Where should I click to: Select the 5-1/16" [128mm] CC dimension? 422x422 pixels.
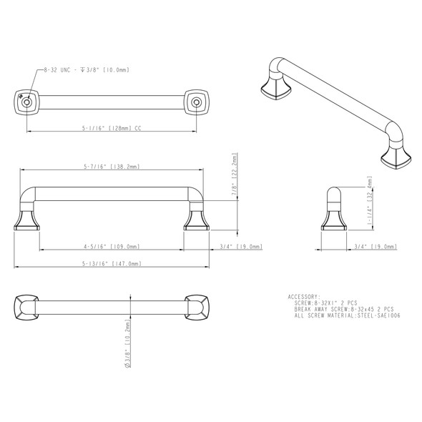click(107, 129)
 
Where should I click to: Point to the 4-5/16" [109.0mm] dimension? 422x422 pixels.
click(114, 247)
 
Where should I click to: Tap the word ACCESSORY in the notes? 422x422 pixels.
click(304, 296)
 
